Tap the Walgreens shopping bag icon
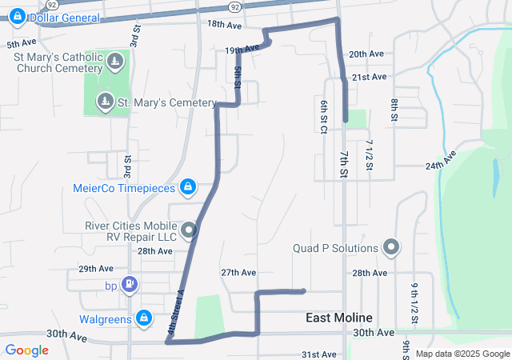(144, 318)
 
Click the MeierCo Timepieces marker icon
(187, 187)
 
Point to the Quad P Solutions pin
(391, 247)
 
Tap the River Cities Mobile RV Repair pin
(189, 231)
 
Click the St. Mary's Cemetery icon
(105, 102)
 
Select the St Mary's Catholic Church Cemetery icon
(115, 62)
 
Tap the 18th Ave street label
(224, 25)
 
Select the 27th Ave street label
(238, 272)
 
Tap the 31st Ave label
(318, 354)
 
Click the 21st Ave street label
(370, 77)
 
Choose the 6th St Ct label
(324, 117)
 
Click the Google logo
(27, 350)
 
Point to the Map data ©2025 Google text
(462, 354)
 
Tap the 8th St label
(394, 110)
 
